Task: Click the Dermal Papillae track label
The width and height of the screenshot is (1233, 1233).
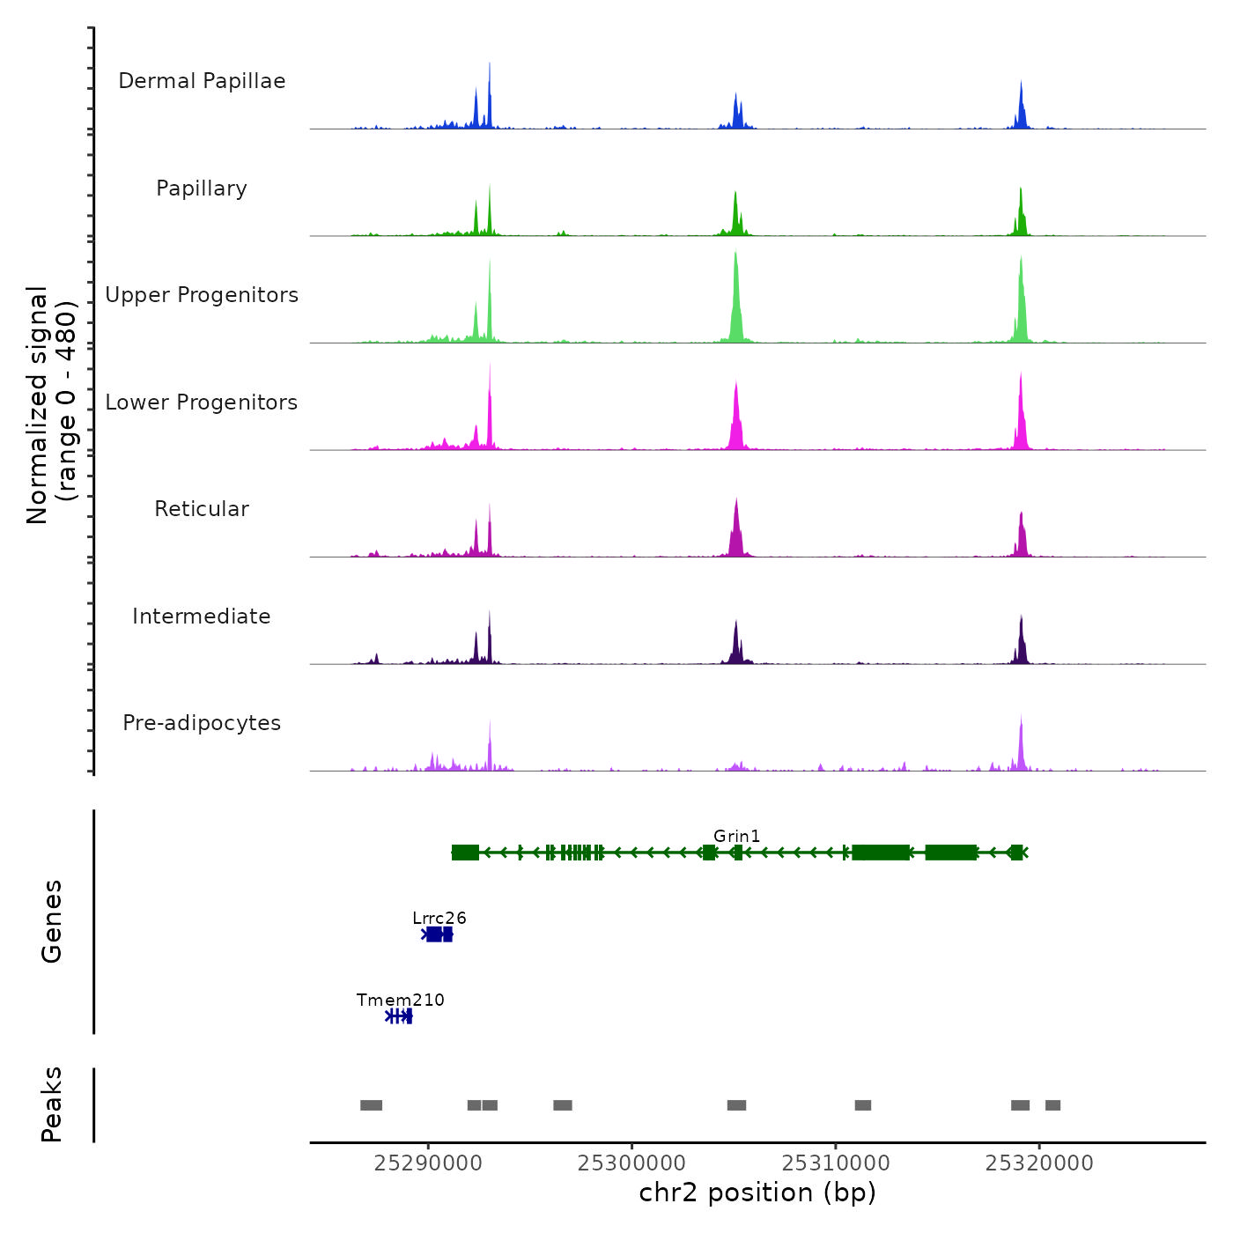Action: (x=202, y=81)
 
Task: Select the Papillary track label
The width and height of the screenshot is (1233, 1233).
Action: (x=202, y=188)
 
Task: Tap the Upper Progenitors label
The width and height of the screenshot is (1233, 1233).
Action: (x=202, y=295)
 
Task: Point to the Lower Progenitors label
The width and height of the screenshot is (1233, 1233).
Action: (x=202, y=402)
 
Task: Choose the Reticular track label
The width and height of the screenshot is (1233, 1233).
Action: (x=202, y=509)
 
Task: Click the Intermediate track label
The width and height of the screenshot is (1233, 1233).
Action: (x=202, y=616)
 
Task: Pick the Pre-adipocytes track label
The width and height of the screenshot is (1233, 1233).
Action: (x=202, y=723)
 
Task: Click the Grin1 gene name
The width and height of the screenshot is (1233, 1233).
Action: (x=736, y=836)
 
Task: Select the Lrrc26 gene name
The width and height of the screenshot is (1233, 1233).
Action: (x=439, y=918)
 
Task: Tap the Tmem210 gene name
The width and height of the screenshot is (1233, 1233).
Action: (x=401, y=1000)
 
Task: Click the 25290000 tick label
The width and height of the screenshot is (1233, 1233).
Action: (x=428, y=1163)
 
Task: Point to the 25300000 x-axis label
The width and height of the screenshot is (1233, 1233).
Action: (x=631, y=1163)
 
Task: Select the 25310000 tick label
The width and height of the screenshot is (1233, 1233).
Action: (x=836, y=1163)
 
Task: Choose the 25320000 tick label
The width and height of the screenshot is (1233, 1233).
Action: (x=1039, y=1163)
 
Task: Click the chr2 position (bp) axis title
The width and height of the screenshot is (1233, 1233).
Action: (x=757, y=1192)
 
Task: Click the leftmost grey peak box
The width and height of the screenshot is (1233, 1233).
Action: (x=371, y=1105)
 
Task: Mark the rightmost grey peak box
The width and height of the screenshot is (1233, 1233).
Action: (x=1052, y=1105)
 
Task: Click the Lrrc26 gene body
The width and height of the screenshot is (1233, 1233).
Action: (x=438, y=934)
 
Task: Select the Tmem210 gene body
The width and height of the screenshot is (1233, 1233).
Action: (x=400, y=1016)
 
